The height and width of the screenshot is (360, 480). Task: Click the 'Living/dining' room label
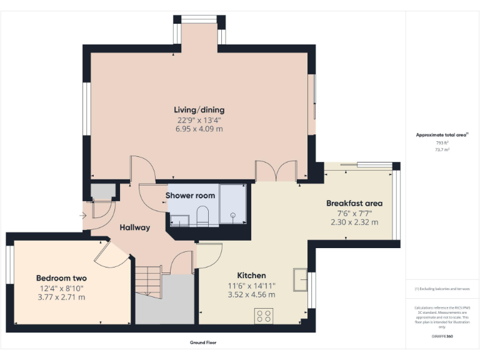click(199, 110)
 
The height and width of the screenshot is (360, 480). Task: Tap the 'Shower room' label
click(190, 196)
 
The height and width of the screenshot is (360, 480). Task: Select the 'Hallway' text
click(135, 227)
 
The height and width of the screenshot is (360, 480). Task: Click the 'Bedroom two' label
click(61, 278)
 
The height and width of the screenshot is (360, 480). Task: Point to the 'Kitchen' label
click(251, 276)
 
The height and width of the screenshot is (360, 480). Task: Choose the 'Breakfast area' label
click(354, 203)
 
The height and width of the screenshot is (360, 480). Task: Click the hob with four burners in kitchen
click(263, 316)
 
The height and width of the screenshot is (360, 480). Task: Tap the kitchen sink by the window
click(300, 279)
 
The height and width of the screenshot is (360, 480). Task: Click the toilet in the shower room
click(202, 216)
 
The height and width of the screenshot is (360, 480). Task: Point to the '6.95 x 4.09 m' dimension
click(199, 129)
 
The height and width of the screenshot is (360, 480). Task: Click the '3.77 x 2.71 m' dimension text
click(61, 297)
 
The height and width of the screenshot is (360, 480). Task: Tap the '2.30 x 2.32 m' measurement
click(354, 222)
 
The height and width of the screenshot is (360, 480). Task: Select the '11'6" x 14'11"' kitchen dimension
click(251, 286)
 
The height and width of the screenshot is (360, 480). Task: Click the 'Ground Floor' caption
click(202, 342)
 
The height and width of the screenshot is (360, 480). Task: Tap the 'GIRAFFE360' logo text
click(442, 337)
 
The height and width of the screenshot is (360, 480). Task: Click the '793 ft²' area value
click(442, 143)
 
